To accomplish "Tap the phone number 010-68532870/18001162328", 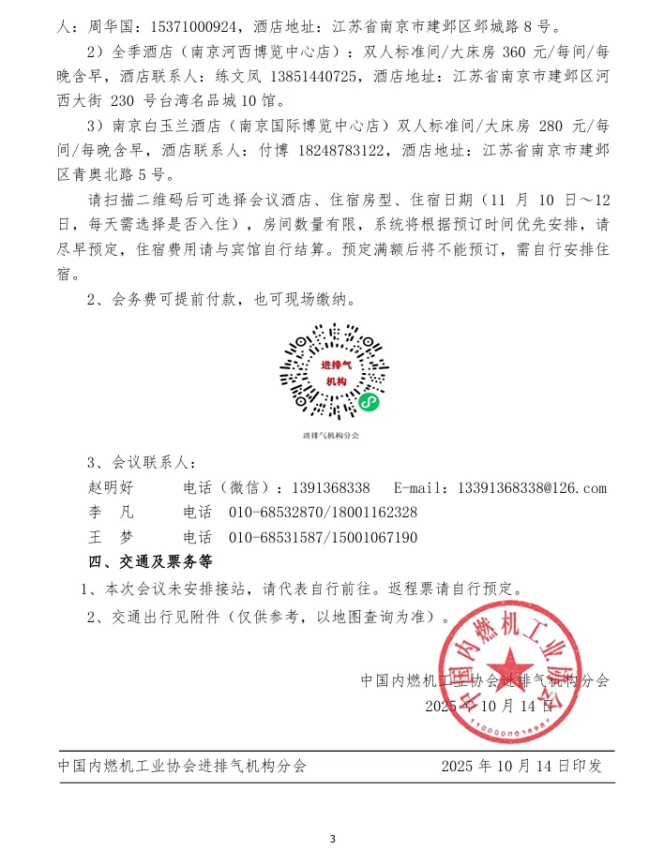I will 323,513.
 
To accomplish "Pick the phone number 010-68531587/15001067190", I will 323,537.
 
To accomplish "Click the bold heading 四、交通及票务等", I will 150,563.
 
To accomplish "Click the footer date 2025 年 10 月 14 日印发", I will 521,766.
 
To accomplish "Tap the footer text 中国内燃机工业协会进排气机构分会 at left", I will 182,766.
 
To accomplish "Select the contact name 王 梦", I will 111,537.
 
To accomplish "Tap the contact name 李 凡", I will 111,513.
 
